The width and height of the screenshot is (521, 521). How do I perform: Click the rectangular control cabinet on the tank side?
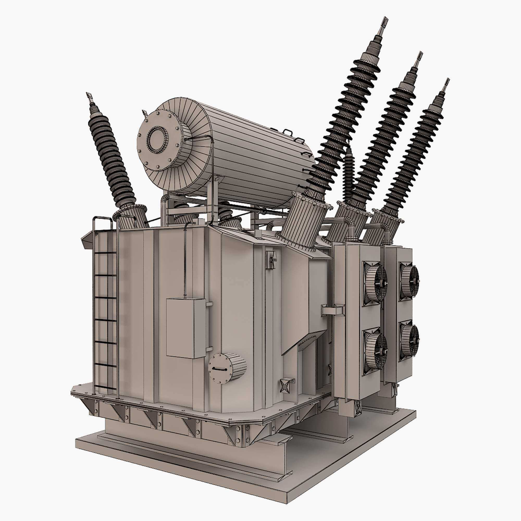click(x=186, y=328)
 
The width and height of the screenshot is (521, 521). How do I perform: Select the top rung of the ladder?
click(x=105, y=253)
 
